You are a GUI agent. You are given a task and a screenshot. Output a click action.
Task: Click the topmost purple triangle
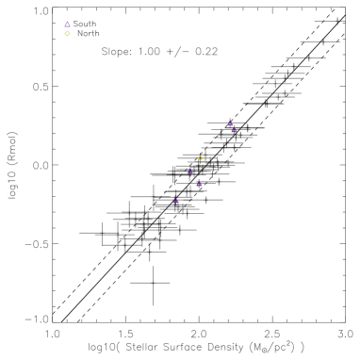pyautogui.click(x=68, y=24)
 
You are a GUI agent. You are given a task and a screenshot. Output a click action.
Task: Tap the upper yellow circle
pyautogui.click(x=67, y=34)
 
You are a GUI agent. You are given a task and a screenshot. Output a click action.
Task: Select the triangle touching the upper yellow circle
pyautogui.click(x=68, y=24)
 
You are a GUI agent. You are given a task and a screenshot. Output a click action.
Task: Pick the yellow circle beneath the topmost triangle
pyautogui.click(x=67, y=34)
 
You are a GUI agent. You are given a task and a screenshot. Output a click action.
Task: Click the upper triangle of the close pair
pyautogui.click(x=230, y=123)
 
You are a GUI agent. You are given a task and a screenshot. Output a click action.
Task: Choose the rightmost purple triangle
pyautogui.click(x=234, y=130)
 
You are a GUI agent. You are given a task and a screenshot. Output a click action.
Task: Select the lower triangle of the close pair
pyautogui.click(x=234, y=130)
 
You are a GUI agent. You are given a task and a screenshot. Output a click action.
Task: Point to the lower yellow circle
pyautogui.click(x=200, y=158)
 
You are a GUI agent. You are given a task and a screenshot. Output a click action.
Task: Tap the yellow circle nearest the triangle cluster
pyautogui.click(x=200, y=158)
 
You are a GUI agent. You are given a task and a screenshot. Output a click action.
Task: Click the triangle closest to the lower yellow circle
pyautogui.click(x=190, y=172)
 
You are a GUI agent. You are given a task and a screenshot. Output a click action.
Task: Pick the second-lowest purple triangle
pyautogui.click(x=199, y=184)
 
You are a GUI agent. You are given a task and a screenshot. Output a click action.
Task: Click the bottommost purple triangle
pyautogui.click(x=175, y=200)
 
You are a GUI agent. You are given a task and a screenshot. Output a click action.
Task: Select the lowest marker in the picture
pyautogui.click(x=175, y=200)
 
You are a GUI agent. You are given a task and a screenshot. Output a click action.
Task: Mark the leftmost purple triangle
pyautogui.click(x=68, y=24)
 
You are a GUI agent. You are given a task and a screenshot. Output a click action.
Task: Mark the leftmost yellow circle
pyautogui.click(x=67, y=34)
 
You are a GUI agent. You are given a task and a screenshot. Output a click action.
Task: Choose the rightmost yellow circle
pyautogui.click(x=200, y=158)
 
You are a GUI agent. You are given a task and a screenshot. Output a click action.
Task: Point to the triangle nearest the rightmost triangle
pyautogui.click(x=230, y=123)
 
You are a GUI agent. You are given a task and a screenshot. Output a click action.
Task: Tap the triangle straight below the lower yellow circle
pyautogui.click(x=199, y=184)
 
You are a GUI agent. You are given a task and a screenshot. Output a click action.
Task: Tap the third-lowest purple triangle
pyautogui.click(x=190, y=172)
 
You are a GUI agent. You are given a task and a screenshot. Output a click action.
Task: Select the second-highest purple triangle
pyautogui.click(x=230, y=123)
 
